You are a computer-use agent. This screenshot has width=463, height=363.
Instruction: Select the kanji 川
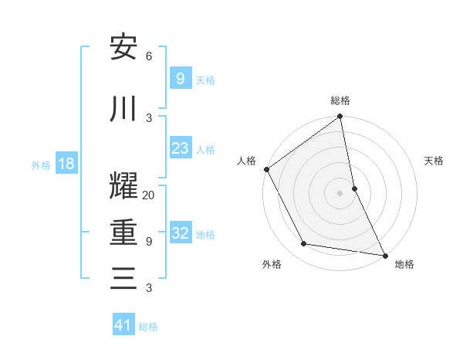123,108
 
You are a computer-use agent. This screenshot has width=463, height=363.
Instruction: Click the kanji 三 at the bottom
123,277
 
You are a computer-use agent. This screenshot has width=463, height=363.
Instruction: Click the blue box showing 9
180,78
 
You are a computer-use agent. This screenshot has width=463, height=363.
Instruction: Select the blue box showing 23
180,148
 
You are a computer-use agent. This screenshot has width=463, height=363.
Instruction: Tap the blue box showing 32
180,233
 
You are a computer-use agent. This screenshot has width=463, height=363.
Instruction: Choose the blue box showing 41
123,325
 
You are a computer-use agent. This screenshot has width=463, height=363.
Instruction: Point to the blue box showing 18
66,164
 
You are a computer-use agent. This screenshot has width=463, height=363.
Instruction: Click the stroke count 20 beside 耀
149,195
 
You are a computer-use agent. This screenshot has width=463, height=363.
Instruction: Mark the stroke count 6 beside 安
149,56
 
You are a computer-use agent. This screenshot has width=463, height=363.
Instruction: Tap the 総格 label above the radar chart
340,100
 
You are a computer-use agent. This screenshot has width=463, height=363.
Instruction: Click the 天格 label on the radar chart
434,161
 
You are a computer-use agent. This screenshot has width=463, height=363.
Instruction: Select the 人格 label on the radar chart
247,161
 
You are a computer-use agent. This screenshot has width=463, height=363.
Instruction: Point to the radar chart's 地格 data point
384,255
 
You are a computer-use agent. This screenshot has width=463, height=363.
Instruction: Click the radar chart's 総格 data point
340,117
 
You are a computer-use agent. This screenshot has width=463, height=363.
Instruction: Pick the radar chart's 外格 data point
304,244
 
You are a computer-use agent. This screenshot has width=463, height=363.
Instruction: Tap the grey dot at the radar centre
340,192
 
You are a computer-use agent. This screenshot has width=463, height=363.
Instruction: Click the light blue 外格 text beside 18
41,165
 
